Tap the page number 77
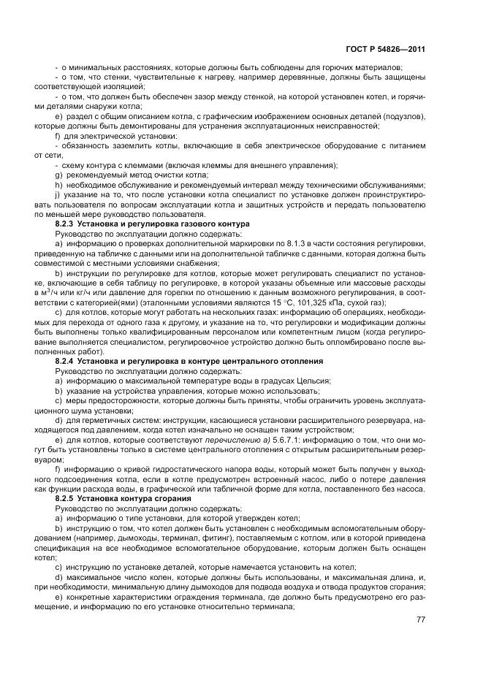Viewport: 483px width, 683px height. [x=419, y=619]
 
